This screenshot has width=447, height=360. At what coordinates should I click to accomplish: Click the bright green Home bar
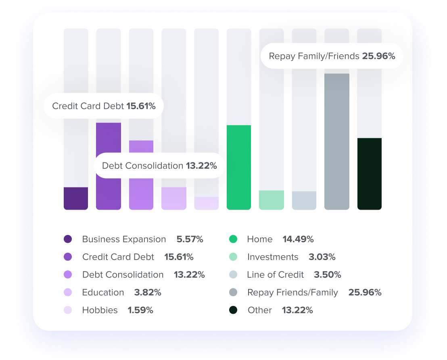click(x=239, y=167)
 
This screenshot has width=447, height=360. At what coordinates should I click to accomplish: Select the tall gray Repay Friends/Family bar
click(x=337, y=141)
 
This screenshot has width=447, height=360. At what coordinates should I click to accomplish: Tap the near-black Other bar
click(x=370, y=173)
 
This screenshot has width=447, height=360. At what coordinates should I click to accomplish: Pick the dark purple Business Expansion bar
click(x=76, y=198)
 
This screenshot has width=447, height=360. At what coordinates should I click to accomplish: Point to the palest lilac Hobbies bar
click(x=207, y=203)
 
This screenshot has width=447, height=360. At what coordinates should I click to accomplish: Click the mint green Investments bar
click(x=272, y=200)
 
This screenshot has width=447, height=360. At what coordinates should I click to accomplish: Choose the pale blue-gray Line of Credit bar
click(x=304, y=200)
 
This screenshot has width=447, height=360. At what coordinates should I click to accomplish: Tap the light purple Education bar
click(x=174, y=198)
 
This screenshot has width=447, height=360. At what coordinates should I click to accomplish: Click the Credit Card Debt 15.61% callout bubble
click(x=104, y=106)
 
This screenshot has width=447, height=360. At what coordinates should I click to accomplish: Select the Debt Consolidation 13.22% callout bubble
click(x=159, y=166)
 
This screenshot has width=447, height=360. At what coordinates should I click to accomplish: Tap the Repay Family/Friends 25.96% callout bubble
click(x=332, y=56)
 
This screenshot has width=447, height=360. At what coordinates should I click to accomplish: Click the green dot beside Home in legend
click(x=233, y=239)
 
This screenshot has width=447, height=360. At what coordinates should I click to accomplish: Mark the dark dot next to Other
click(x=233, y=310)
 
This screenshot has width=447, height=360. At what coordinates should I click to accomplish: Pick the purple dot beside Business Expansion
click(x=68, y=239)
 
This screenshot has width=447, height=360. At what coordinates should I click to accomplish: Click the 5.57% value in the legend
click(x=190, y=239)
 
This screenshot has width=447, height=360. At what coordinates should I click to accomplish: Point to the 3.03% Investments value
click(x=322, y=257)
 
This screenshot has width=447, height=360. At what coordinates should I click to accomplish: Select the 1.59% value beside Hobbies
click(x=140, y=310)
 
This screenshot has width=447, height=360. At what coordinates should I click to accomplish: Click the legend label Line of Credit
click(x=275, y=275)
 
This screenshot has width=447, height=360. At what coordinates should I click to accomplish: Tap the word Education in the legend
click(x=103, y=293)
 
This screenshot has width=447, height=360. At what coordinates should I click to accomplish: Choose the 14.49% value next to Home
click(x=298, y=239)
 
